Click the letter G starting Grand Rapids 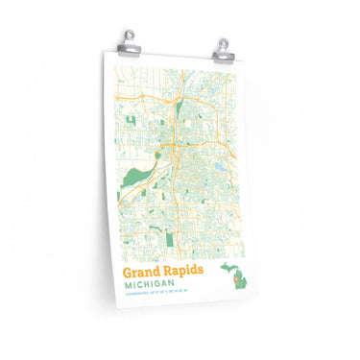coord(129,272)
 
